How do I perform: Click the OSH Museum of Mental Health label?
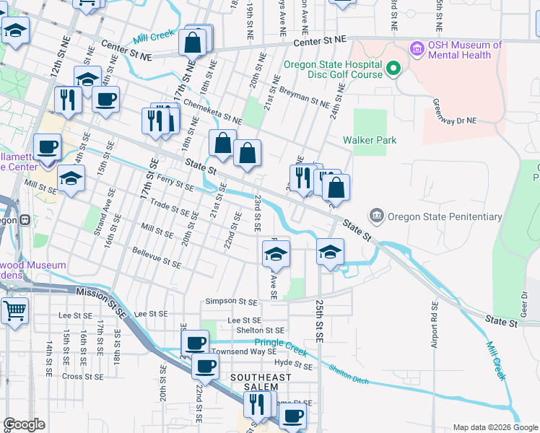point(464,51)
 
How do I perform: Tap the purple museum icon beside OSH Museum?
point(416,50)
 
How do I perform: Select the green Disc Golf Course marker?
point(393,69)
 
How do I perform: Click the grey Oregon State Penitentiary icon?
point(376,216)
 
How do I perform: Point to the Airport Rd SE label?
point(435,325)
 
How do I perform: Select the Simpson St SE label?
point(231,301)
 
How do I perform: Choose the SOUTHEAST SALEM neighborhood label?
point(261,382)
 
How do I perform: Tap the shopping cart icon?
point(14,311)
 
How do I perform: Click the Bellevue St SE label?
point(156,258)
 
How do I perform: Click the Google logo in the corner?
point(25,424)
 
